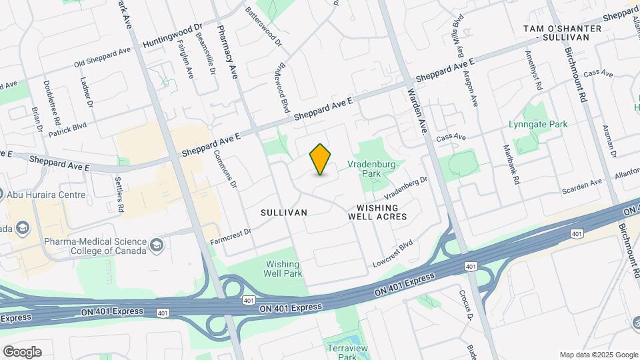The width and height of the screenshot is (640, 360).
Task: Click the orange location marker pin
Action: click(321, 159)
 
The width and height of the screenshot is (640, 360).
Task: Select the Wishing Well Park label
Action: click(283, 269)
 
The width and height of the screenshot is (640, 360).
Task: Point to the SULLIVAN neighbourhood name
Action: click(284, 212)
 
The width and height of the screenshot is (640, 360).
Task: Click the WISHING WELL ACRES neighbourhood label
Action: click(377, 212)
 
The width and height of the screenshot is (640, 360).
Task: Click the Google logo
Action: click(22, 351)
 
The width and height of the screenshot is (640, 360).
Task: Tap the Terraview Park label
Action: click(343, 352)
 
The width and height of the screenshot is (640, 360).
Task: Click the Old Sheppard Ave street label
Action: click(103, 57)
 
